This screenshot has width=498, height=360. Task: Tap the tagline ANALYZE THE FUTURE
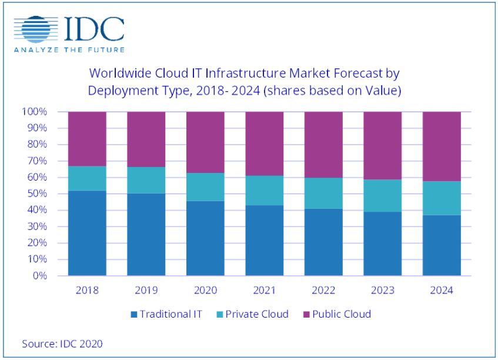[69, 49]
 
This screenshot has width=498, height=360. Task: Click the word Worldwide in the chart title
[115, 74]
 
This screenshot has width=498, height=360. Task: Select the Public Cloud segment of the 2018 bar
[87, 139]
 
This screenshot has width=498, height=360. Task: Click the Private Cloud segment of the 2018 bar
[87, 178]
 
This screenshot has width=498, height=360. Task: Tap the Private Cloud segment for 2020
[205, 187]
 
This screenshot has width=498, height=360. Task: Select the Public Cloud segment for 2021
[264, 144]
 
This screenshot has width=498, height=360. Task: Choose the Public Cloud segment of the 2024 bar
[441, 146]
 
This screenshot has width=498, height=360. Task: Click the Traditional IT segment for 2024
[441, 245]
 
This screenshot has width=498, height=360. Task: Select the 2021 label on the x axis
[264, 290]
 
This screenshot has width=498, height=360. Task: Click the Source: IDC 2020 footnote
[58, 343]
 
